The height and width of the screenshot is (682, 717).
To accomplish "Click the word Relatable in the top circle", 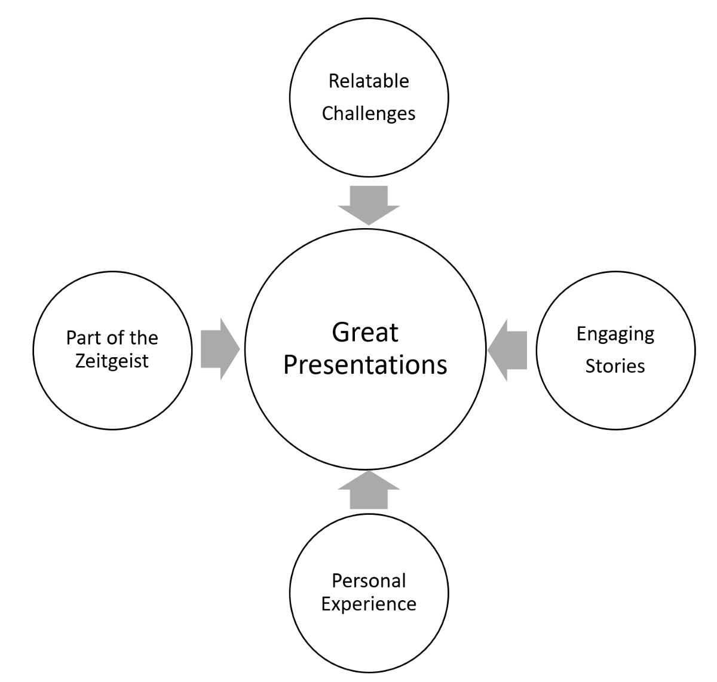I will pos(369,81).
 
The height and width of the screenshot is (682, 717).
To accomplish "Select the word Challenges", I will pos(369,113).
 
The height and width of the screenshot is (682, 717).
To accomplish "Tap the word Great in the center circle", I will pos(365,333).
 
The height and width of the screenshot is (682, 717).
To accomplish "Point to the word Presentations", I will pos(365,365).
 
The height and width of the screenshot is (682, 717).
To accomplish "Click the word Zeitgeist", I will pos(112,361).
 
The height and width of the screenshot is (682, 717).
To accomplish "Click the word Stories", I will pos(615,365).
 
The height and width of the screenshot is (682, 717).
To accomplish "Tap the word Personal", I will pos(369,580).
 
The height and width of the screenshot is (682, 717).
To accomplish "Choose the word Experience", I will pos(369,604).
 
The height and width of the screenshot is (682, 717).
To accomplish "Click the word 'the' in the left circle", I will pos(143,338).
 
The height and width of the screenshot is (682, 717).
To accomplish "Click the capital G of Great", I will pos(341,333).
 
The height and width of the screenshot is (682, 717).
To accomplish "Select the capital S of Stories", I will pos(591,365).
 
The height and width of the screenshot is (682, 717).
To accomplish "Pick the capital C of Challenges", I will pos(328,113).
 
